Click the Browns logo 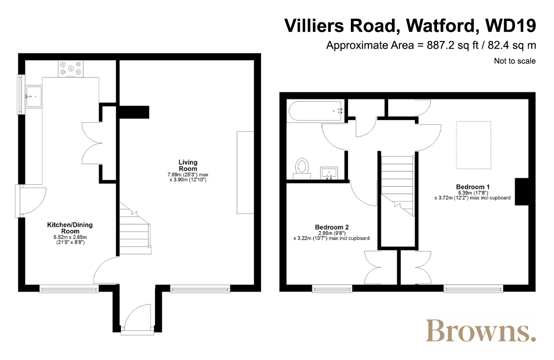click(480, 331)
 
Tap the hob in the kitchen click(71, 68)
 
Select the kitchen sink click(33, 96)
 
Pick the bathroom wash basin click(329, 173)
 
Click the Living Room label click(188, 166)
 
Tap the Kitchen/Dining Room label click(70, 228)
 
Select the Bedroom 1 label click(473, 187)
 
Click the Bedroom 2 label click(332, 227)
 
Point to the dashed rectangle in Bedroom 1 click(473, 145)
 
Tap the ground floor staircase click(135, 228)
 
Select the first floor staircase click(397, 185)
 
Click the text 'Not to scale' click(515, 61)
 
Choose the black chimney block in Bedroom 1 click(522, 192)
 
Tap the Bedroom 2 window click(332, 289)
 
